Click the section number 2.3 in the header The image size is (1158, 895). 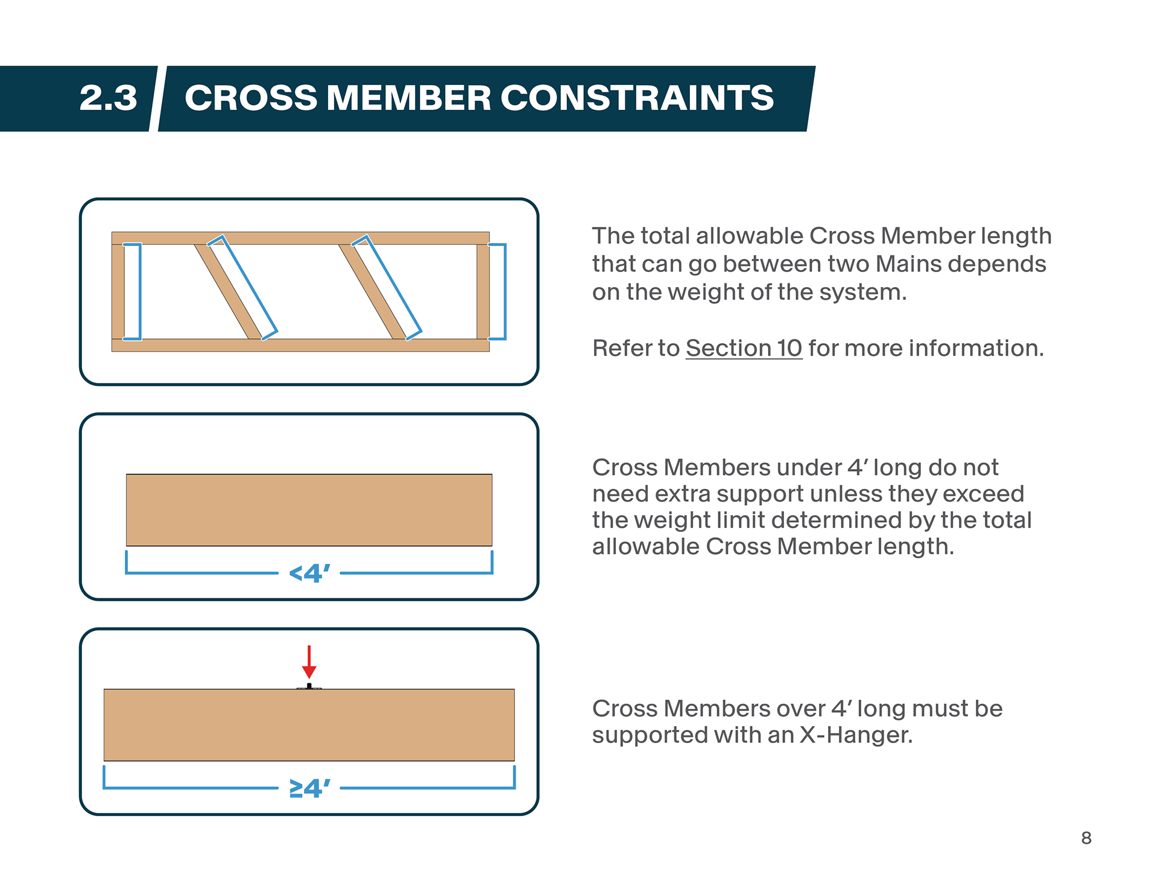click(x=109, y=98)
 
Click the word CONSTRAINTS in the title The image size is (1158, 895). click(x=637, y=98)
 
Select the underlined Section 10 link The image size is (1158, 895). click(x=744, y=348)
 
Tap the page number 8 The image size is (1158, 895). click(x=1086, y=838)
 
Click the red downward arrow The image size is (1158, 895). click(x=309, y=662)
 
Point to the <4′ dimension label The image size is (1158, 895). click(x=309, y=573)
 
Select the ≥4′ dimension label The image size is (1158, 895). click(x=309, y=788)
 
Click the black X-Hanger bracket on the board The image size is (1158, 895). click(x=309, y=686)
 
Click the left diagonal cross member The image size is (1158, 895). click(x=228, y=291)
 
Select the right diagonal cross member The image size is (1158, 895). click(x=372, y=291)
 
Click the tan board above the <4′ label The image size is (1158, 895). click(x=309, y=510)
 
